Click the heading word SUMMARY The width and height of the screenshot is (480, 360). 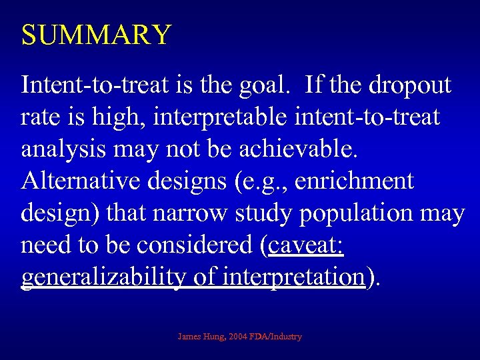point(97,35)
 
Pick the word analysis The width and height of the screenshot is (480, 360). point(63,149)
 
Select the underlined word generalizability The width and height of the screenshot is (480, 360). point(102,277)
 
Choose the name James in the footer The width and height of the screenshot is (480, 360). point(191,337)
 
